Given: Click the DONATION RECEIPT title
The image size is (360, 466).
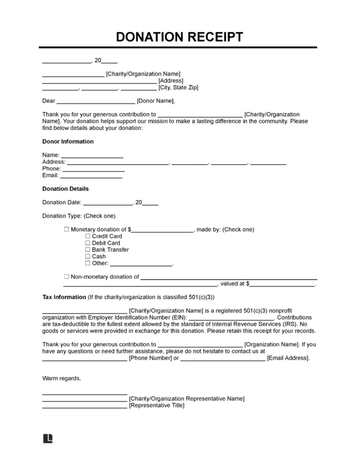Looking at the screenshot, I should click(x=179, y=37).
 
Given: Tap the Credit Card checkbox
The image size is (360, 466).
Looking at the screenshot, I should click(x=88, y=236).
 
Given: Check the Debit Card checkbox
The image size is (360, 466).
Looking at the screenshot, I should click(x=88, y=243).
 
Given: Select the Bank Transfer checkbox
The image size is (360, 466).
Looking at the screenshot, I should click(x=88, y=250).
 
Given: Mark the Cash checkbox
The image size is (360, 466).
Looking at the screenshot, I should click(x=88, y=257).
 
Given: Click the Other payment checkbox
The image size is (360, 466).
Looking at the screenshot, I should click(x=88, y=263).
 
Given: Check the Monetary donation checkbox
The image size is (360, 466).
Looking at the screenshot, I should click(x=66, y=230).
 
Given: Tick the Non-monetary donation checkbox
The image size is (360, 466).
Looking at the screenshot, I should click(x=66, y=277).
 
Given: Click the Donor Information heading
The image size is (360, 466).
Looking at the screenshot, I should click(x=68, y=142).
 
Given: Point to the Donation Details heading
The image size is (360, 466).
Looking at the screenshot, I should click(x=65, y=189).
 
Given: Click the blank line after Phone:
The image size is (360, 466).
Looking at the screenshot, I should click(x=93, y=169).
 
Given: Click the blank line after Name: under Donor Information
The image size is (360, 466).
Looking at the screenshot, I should click(x=92, y=156).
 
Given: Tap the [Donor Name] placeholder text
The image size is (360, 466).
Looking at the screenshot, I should click(x=156, y=101).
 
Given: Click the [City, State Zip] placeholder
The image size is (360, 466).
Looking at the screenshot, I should click(x=178, y=88).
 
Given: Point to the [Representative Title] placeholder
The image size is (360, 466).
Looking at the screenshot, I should click(x=156, y=405).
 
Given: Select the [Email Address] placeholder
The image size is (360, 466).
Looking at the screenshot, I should click(x=288, y=358).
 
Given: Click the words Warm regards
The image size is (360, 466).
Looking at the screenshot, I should click(x=61, y=378).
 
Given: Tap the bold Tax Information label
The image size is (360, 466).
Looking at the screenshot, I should click(x=64, y=297).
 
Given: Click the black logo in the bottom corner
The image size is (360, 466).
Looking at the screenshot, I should click(x=48, y=438).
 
